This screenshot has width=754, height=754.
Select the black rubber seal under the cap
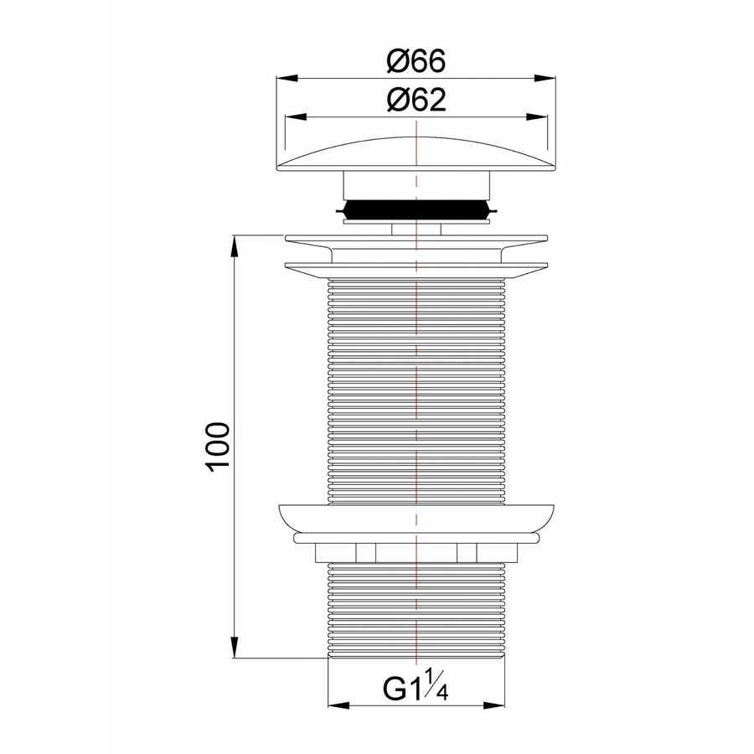(x=416, y=209)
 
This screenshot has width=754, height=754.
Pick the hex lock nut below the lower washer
(x=416, y=552)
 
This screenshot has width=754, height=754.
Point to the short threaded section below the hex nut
(x=416, y=612)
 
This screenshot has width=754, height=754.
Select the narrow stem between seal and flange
(x=416, y=227)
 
